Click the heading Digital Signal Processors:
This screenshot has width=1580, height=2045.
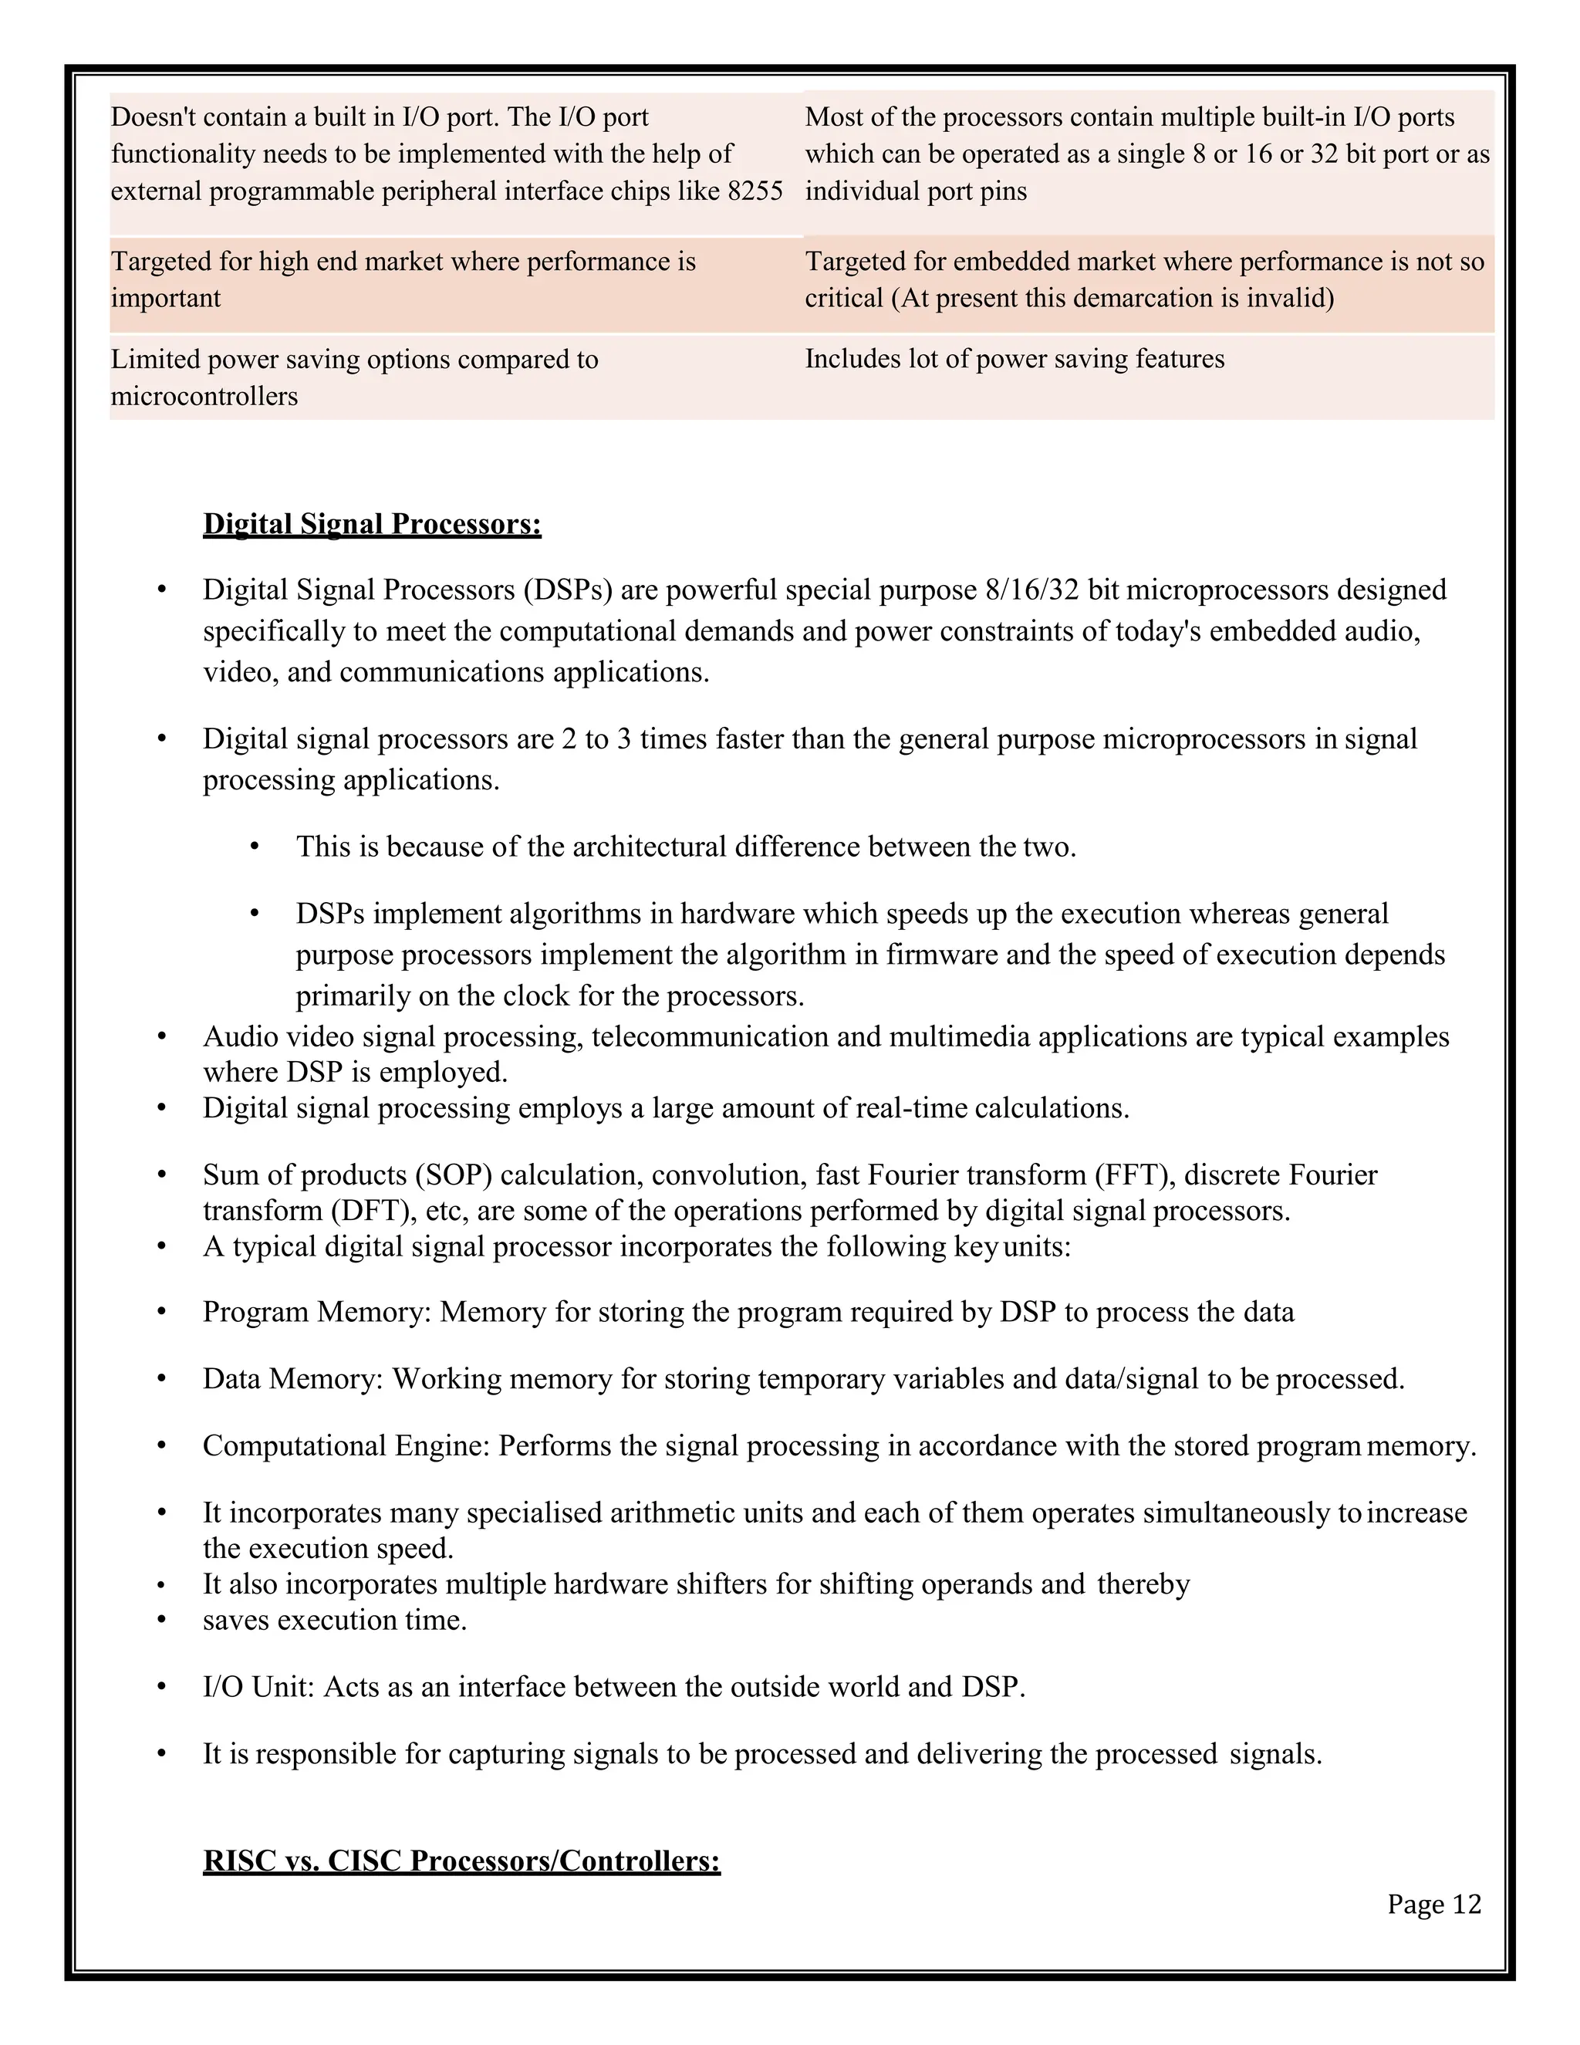click(x=372, y=523)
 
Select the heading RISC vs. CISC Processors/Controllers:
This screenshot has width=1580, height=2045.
click(x=461, y=1860)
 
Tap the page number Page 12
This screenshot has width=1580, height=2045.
click(x=1434, y=1905)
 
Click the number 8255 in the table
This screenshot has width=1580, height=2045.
click(x=755, y=191)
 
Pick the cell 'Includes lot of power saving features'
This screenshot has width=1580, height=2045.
click(x=1014, y=359)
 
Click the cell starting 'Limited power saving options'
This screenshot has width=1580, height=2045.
click(x=354, y=377)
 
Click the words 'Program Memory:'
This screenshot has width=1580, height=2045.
click(x=316, y=1312)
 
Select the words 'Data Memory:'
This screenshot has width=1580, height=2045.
click(x=293, y=1378)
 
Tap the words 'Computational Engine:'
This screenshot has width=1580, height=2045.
click(x=346, y=1445)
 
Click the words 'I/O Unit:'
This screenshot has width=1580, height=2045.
click(x=258, y=1686)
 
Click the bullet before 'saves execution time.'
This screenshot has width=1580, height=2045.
click(x=161, y=1620)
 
